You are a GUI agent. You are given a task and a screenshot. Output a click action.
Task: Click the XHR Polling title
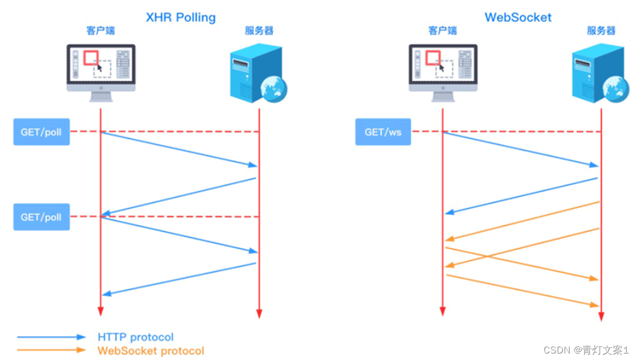(181, 17)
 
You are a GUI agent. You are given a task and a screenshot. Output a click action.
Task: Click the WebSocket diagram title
(518, 17)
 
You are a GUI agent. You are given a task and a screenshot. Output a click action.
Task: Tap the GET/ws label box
(383, 132)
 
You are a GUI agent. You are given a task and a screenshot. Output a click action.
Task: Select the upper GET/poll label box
(42, 132)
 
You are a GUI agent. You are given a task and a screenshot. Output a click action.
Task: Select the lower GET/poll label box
(42, 218)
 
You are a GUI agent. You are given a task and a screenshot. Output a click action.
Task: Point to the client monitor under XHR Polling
(101, 70)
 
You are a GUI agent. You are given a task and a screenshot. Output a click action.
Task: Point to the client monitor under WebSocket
(443, 70)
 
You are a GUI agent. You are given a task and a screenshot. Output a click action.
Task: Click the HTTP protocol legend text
(135, 337)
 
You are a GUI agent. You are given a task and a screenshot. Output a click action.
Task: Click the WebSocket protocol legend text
(151, 351)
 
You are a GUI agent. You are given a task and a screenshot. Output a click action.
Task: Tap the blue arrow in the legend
(51, 337)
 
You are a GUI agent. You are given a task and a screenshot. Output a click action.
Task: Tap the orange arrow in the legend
(51, 350)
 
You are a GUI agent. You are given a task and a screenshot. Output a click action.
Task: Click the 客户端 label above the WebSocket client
(442, 31)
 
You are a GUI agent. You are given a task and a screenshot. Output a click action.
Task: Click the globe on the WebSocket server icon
(616, 86)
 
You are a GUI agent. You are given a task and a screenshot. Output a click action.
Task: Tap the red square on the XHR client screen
(91, 58)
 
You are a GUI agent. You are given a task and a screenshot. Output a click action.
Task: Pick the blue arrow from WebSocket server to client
(521, 195)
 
